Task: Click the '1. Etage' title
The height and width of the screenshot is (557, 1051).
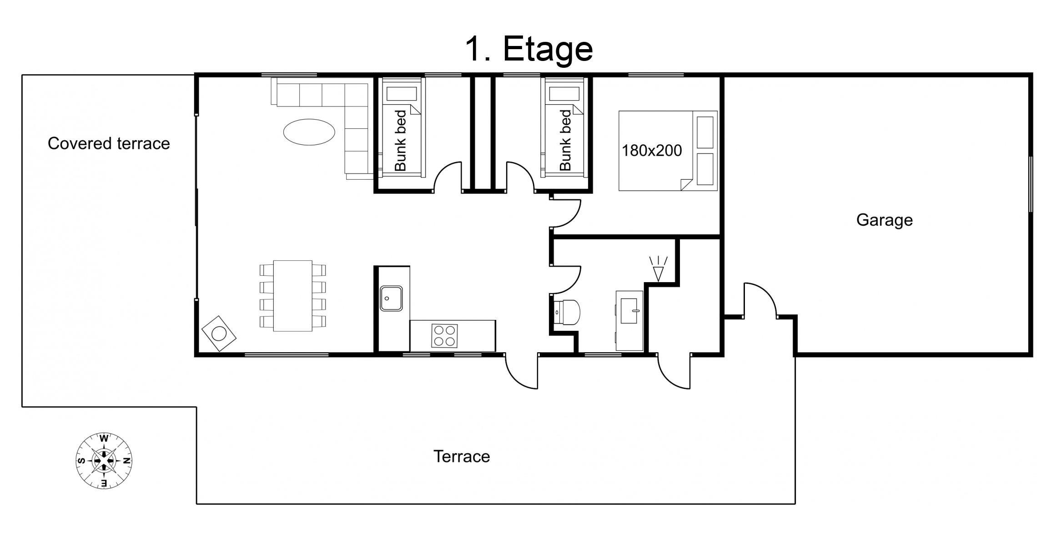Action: tap(529, 49)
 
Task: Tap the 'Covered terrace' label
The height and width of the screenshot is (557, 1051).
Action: tap(109, 143)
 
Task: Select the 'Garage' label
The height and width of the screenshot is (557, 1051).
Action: tap(885, 220)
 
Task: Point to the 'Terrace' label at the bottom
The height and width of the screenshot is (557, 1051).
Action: tap(462, 456)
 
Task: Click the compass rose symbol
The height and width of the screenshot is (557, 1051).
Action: tap(104, 461)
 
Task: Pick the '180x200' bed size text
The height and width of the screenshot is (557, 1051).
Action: tap(652, 151)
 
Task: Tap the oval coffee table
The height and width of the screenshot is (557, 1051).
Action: tap(309, 132)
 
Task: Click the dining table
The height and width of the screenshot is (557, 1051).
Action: tap(292, 296)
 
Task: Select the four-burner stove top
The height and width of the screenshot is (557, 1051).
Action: tap(444, 336)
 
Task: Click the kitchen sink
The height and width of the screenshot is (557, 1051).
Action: tap(391, 299)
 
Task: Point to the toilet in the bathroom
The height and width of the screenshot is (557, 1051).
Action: tap(567, 312)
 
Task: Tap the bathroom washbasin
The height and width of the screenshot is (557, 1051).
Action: tap(629, 311)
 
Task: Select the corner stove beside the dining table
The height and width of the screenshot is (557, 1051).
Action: tap(219, 334)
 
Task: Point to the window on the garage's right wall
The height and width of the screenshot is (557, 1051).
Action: tap(1030, 184)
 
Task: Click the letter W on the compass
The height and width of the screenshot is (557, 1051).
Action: tap(104, 439)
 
